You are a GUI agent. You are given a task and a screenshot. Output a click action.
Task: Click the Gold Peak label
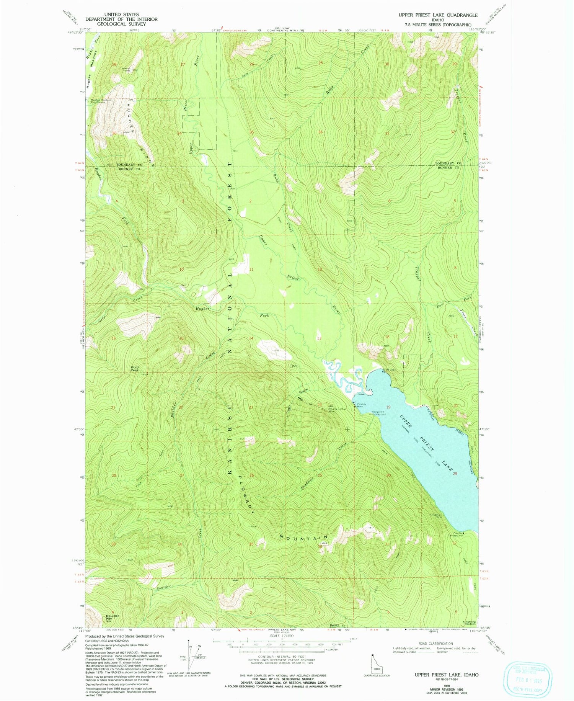point(134,368)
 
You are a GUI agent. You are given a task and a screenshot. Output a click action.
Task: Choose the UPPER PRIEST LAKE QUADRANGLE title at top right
point(438,15)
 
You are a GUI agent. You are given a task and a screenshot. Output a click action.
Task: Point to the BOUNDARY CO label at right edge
point(448,163)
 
